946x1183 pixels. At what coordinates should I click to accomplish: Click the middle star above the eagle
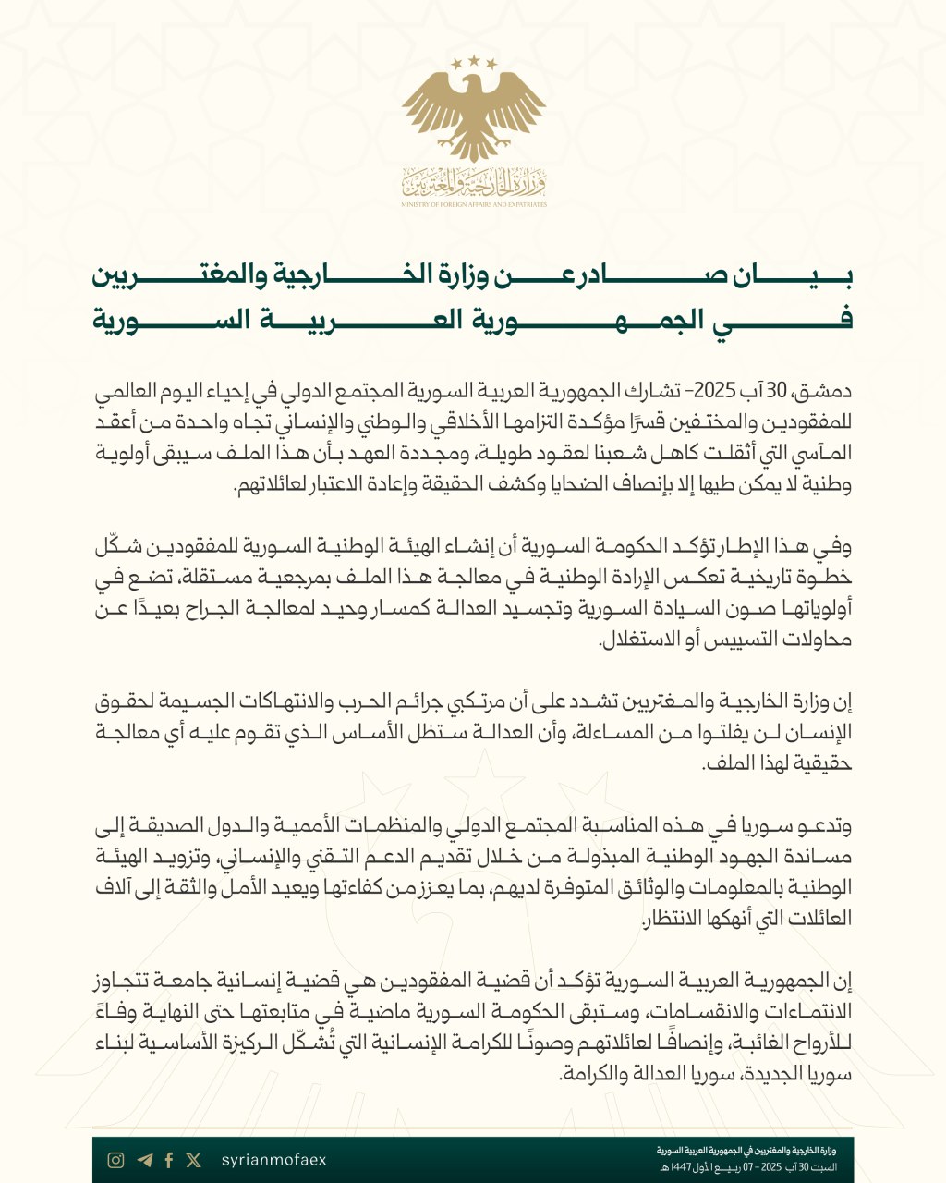click(x=474, y=60)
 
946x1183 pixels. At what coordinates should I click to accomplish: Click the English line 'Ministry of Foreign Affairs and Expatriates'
click(x=474, y=204)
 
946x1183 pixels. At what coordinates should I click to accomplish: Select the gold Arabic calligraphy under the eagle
click(x=474, y=183)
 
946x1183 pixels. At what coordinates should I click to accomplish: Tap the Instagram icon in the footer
click(x=115, y=1160)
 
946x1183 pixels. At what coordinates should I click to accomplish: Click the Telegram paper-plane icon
click(x=143, y=1160)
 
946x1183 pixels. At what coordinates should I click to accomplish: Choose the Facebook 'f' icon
click(x=169, y=1160)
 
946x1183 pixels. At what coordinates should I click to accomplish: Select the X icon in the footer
click(x=193, y=1160)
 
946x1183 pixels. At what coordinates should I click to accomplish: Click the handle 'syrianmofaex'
click(x=274, y=1160)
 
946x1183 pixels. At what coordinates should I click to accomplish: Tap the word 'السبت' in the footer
click(x=826, y=1167)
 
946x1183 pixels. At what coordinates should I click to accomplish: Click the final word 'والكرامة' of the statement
click(x=590, y=1076)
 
